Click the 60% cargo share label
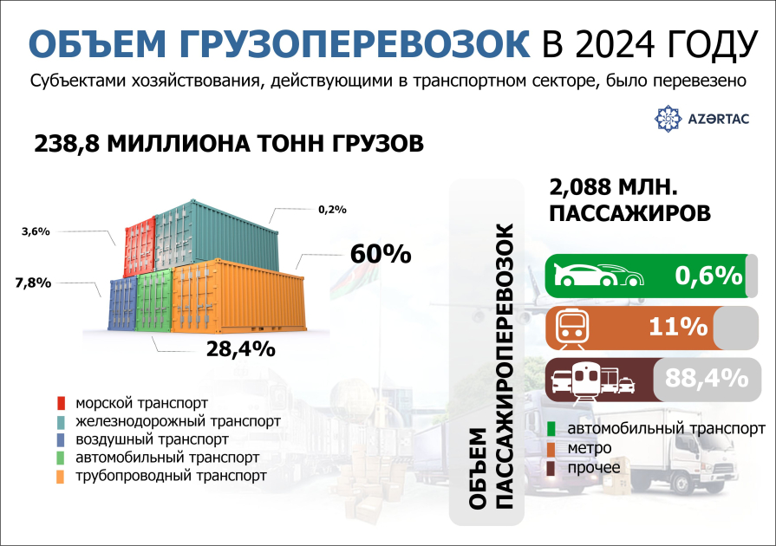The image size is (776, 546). tap(380, 254)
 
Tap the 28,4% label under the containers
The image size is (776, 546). tap(240, 349)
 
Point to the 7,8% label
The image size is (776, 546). tap(33, 283)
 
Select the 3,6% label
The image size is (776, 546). tap(34, 231)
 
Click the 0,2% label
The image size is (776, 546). tap(332, 209)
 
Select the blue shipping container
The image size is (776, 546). tap(122, 305)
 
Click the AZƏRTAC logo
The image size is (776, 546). tap(704, 118)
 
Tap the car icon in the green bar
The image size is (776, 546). tap(599, 275)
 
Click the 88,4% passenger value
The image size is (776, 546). tap(707, 378)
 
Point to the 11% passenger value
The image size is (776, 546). tap(679, 328)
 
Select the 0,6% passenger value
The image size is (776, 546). tap(709, 276)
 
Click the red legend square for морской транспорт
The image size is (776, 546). tap(61, 404)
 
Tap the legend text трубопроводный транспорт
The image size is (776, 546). tap(171, 476)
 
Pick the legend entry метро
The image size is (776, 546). tap(590, 448)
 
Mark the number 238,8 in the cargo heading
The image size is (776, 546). tap(66, 143)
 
